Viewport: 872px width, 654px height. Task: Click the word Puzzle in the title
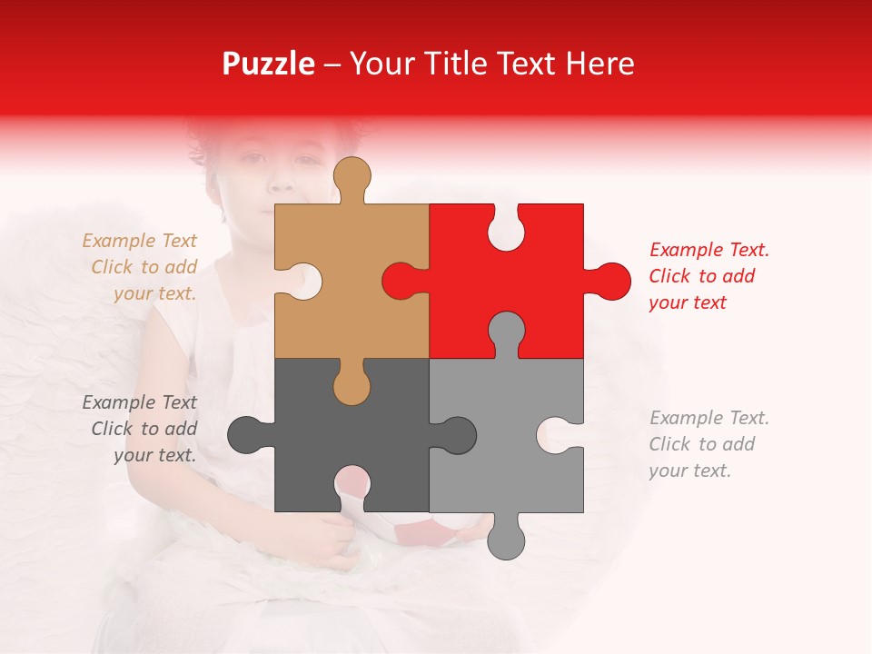pyautogui.click(x=269, y=64)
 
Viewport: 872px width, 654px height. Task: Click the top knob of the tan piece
pyautogui.click(x=352, y=176)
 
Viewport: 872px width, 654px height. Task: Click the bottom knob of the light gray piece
pyautogui.click(x=506, y=540)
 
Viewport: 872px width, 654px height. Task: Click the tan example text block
pyautogui.click(x=141, y=267)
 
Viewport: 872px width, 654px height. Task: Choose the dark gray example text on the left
pyautogui.click(x=141, y=429)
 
